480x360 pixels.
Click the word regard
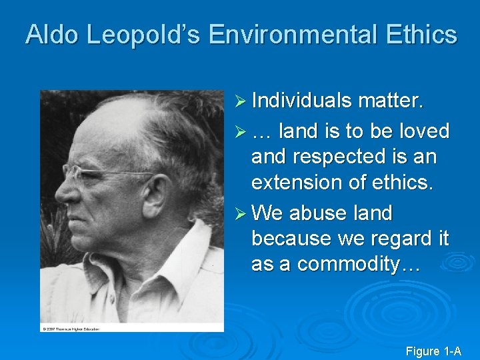click(x=403, y=238)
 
